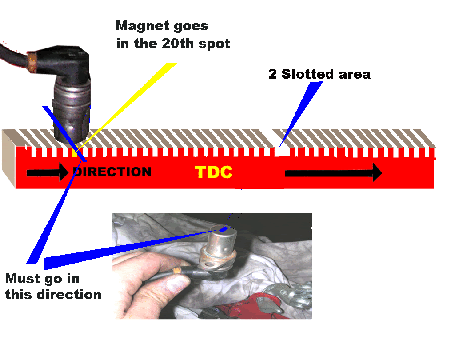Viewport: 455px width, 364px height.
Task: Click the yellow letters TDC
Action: point(213,172)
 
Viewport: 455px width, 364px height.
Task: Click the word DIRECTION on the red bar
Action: point(112,172)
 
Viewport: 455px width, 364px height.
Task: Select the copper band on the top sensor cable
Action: point(32,58)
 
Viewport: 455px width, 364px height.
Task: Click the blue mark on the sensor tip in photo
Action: point(224,229)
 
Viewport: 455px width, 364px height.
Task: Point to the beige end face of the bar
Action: point(9,158)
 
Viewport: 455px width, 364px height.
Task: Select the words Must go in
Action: point(42,279)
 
